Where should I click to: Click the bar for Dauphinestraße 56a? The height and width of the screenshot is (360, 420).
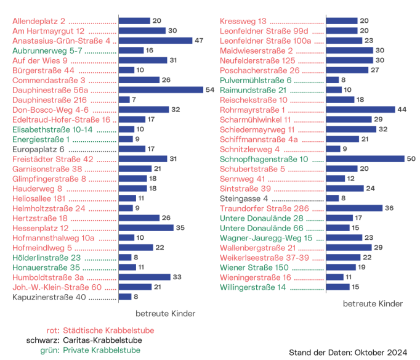161,90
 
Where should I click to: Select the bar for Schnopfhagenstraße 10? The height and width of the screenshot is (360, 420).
364,159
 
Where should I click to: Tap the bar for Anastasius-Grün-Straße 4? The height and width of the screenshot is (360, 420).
155,41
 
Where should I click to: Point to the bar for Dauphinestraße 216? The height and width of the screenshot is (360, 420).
124,100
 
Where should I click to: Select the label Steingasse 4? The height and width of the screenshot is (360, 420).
244,198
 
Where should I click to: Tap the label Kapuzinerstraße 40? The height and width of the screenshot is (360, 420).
50,297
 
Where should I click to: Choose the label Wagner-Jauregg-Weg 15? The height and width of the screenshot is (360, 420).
266,238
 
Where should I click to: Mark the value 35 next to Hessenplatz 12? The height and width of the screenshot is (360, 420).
180,228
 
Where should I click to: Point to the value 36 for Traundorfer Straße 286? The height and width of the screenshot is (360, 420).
389,208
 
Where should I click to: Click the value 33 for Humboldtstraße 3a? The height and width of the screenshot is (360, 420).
177,277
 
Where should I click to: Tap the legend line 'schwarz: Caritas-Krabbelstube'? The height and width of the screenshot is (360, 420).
84,340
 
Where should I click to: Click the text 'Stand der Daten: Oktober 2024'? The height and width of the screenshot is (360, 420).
348,353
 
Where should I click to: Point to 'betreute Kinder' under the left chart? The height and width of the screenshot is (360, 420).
165,314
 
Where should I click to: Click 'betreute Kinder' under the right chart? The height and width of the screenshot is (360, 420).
373,304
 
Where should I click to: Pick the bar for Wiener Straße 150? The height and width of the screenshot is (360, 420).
339,268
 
